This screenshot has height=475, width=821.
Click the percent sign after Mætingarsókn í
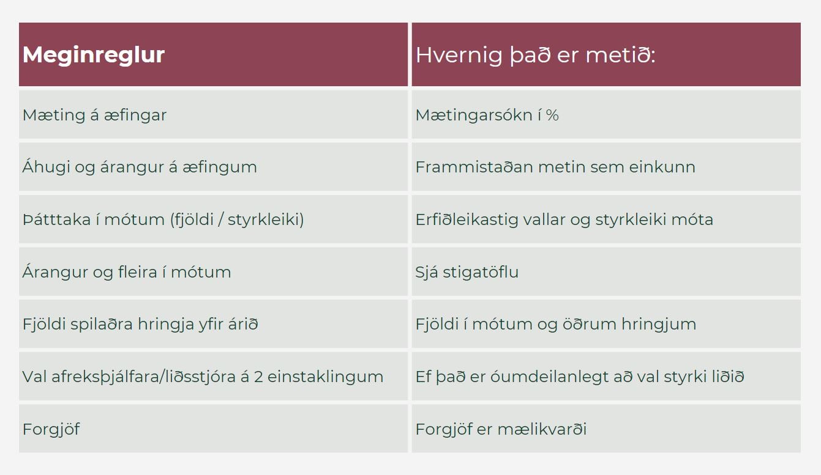click(x=552, y=116)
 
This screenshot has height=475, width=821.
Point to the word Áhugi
click(x=46, y=167)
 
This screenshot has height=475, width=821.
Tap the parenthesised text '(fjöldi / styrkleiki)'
click(x=237, y=220)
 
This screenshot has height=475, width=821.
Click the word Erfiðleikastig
click(x=467, y=220)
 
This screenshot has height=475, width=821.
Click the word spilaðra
click(x=101, y=325)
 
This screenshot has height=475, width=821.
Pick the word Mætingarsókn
click(x=473, y=116)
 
